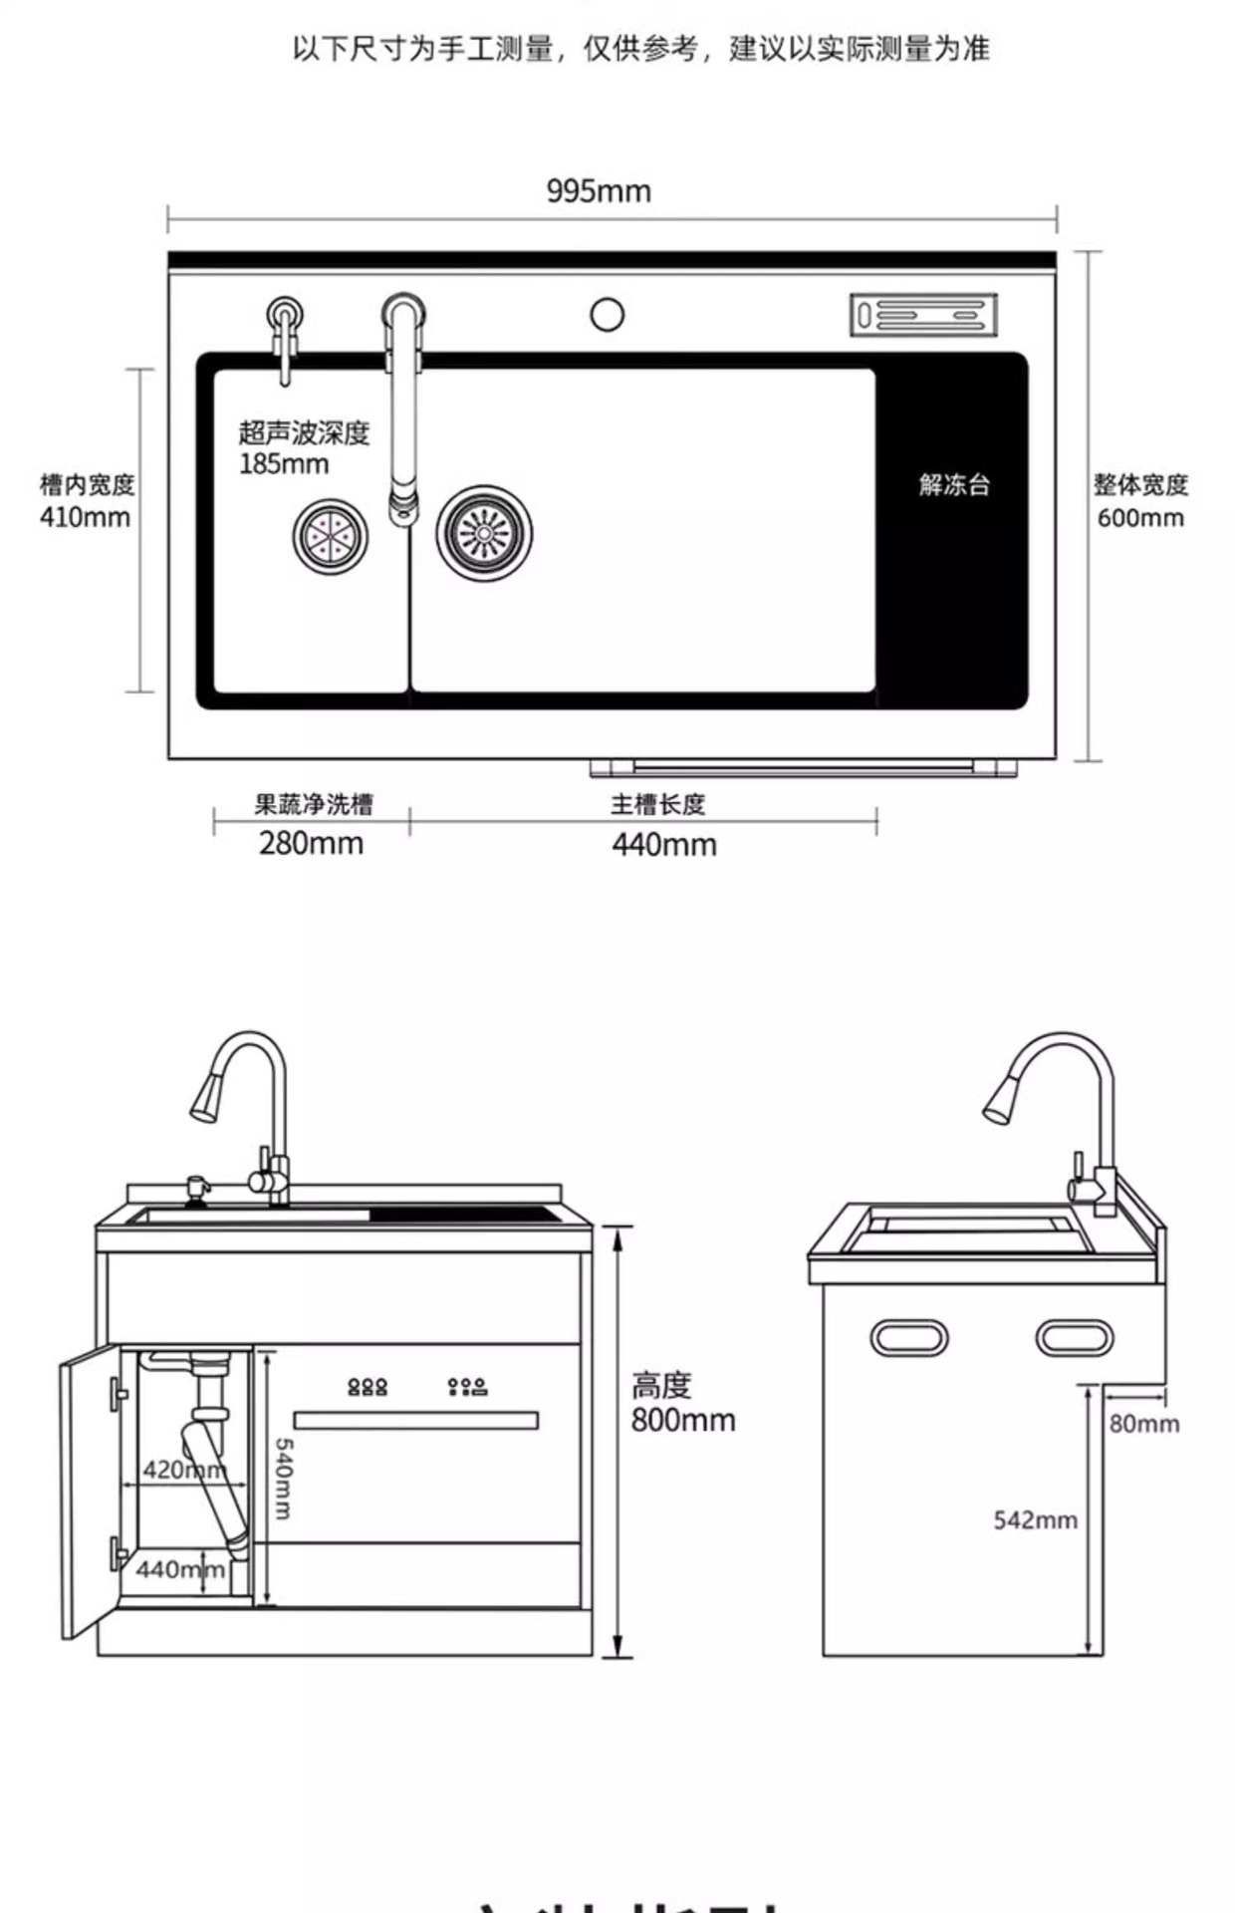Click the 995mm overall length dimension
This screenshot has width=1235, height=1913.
(x=599, y=190)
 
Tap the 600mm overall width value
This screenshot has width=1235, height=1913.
(x=1140, y=518)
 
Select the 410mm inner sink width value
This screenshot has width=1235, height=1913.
(x=85, y=518)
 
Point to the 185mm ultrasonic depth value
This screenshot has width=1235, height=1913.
(x=284, y=464)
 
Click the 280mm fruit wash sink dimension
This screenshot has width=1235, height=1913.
(x=311, y=844)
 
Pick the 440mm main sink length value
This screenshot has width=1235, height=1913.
(x=664, y=845)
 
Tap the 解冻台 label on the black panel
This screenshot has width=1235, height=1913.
(x=954, y=485)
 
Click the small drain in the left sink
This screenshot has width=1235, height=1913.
(x=330, y=536)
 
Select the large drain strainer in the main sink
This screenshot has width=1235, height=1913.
(x=484, y=533)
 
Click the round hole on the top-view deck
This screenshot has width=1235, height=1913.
(x=607, y=315)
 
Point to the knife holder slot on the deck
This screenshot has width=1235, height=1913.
(x=923, y=315)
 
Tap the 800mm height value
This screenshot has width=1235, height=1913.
(x=683, y=1420)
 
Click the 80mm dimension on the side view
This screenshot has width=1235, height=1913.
(x=1144, y=1424)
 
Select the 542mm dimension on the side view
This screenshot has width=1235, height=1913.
(x=1035, y=1520)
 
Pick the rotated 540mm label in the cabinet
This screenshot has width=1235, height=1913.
(x=283, y=1479)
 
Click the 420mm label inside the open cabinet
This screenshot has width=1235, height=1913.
(x=184, y=1470)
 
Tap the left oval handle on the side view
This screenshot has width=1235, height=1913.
(x=908, y=1338)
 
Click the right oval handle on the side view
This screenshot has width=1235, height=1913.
(x=1074, y=1338)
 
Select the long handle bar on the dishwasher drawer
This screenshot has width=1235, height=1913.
(x=415, y=1420)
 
